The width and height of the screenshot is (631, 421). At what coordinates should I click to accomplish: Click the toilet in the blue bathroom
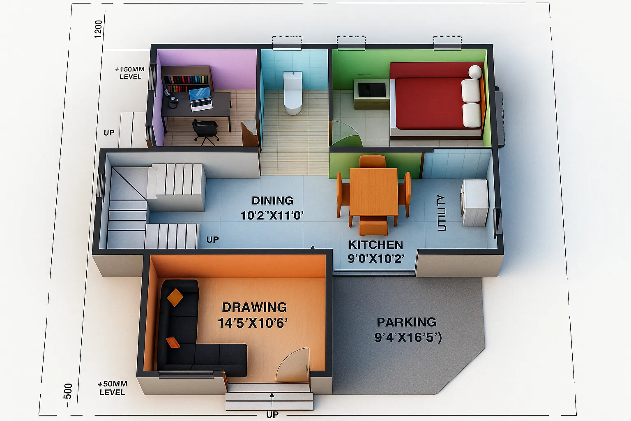292,93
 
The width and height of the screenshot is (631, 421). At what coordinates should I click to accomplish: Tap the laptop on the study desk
200,99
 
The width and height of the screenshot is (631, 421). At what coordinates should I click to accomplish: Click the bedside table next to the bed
371,94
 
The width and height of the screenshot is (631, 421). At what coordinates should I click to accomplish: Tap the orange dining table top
374,192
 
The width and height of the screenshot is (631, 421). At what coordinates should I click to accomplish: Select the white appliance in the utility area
474,203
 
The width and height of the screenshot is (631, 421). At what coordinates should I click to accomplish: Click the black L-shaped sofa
197,333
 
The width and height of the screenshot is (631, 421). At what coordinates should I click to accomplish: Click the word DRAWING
254,307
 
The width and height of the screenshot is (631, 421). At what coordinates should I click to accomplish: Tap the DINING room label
272,201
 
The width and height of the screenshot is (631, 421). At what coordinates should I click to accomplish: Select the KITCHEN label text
376,245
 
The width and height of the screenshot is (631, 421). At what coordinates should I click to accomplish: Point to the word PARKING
406,322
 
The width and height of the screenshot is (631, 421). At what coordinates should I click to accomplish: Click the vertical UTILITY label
442,213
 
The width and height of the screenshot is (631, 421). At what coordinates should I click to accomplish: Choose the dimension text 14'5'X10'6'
253,323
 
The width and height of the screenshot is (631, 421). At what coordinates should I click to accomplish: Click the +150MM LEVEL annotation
130,73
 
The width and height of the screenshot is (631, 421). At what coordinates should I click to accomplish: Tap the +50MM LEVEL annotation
113,388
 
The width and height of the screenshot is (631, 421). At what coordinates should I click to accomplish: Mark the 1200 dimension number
98,29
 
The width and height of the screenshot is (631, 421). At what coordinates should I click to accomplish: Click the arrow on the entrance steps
272,400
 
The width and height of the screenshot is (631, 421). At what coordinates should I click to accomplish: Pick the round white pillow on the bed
475,72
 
